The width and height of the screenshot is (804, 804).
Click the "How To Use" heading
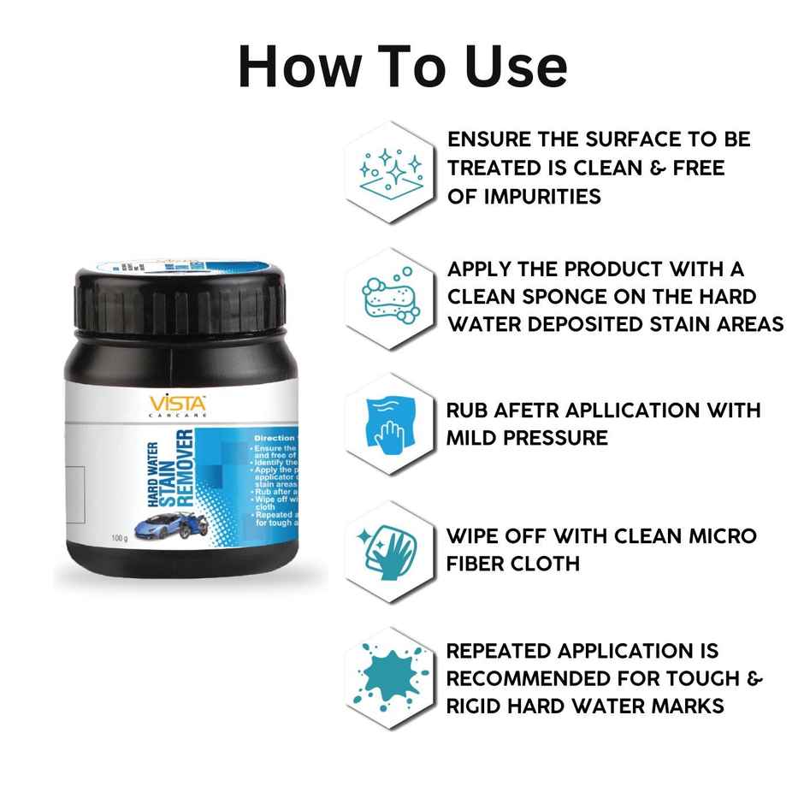[x=402, y=67]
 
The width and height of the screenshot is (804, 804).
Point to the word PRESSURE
[x=548, y=438]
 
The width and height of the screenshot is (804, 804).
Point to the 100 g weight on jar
[x=121, y=538]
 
